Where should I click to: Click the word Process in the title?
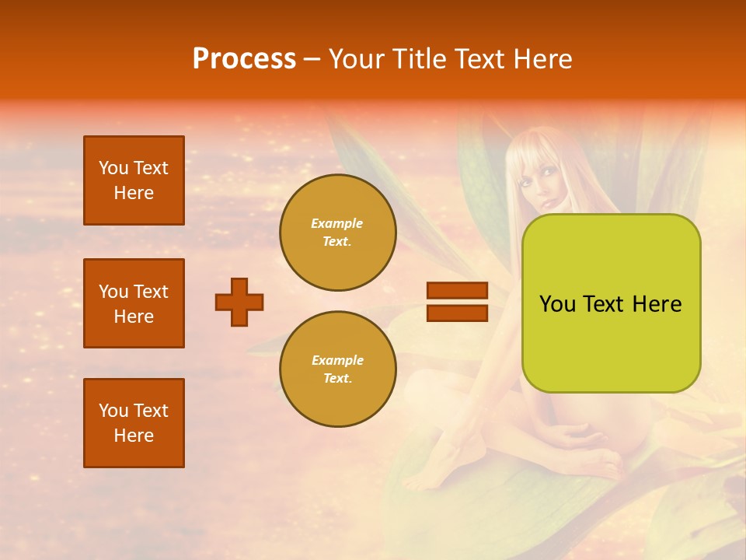coord(244,59)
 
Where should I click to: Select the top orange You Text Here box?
coord(134,180)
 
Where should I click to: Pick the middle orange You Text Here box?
coord(134,303)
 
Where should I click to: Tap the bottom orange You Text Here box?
coord(134,423)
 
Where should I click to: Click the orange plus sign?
coord(239,302)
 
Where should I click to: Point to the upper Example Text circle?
coord(337,233)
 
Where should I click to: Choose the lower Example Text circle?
coord(337,369)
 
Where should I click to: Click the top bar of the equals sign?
coord(457,290)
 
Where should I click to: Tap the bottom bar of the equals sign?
coord(457,313)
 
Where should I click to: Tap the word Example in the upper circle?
coord(337,224)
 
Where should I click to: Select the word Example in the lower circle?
coord(337,361)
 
